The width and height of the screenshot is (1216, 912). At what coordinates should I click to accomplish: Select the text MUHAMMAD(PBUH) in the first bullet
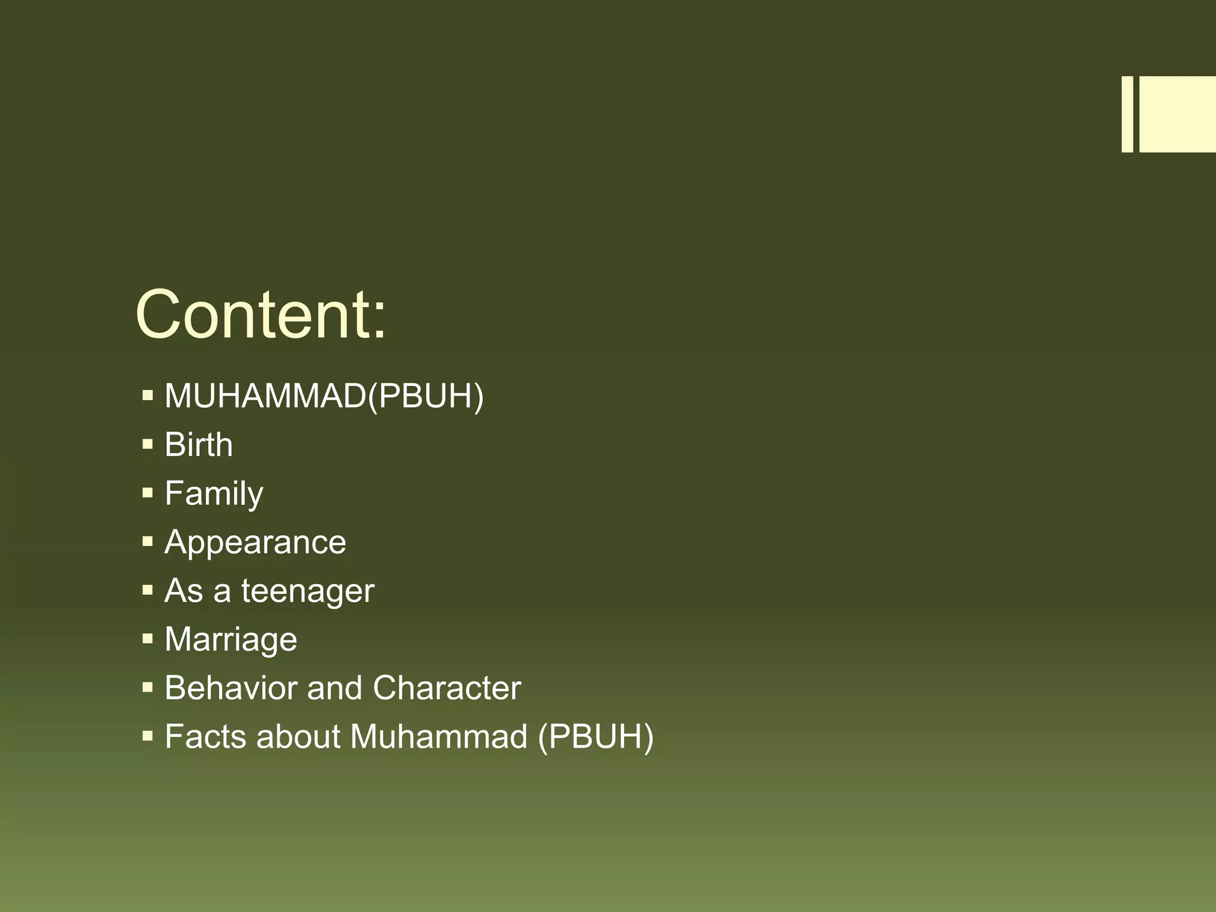click(324, 395)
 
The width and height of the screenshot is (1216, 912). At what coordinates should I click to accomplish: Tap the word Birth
click(199, 445)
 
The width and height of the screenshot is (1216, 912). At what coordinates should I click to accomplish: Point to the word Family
click(214, 493)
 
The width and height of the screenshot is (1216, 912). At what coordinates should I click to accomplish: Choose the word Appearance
click(255, 542)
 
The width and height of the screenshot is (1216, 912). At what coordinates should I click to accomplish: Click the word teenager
click(308, 591)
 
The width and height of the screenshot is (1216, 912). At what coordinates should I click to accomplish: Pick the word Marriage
click(231, 639)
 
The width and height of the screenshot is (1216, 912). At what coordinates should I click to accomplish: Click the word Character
click(446, 688)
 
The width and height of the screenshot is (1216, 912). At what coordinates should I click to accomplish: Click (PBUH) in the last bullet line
click(596, 737)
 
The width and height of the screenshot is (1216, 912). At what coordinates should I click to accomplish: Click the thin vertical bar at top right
click(1127, 114)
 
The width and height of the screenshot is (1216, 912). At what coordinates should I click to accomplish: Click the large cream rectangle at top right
click(1177, 114)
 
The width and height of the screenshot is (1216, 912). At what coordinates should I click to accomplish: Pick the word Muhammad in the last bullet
click(439, 737)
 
